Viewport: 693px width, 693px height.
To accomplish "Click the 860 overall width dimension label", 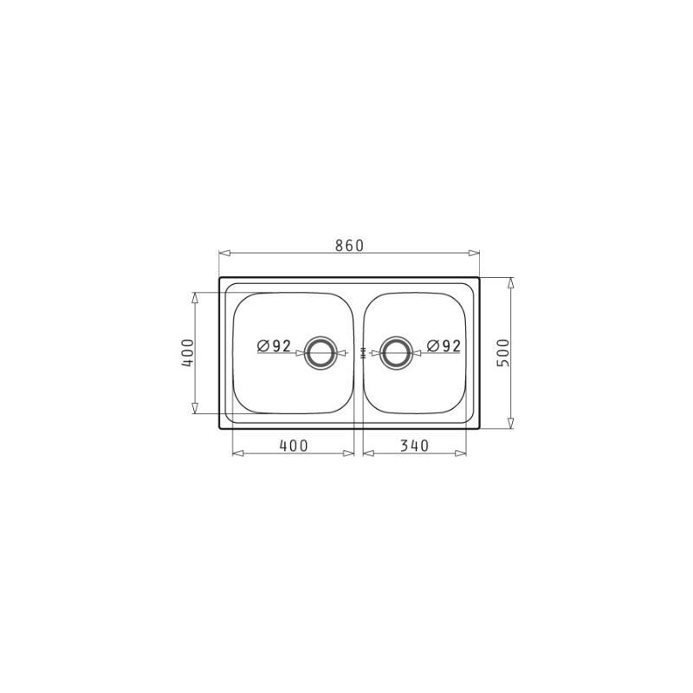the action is click(x=349, y=245).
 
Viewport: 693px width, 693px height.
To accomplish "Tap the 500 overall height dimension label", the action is click(x=503, y=353).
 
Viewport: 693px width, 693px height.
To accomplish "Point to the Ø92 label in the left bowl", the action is click(x=274, y=346).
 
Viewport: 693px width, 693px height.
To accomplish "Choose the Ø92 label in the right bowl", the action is click(x=444, y=346).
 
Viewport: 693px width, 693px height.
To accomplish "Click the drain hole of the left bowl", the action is click(x=321, y=353).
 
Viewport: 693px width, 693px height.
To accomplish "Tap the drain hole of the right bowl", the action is click(x=396, y=353).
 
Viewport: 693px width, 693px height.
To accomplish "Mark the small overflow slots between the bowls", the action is click(x=363, y=353).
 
